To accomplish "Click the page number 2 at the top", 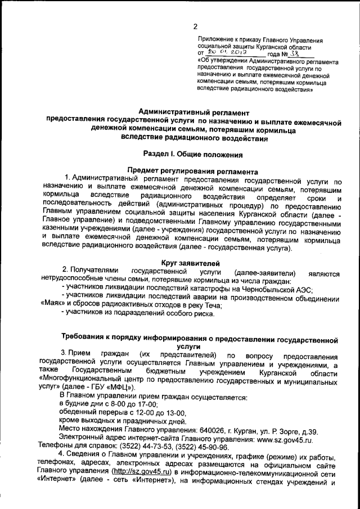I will [195, 26].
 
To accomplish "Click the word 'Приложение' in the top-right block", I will [215, 39].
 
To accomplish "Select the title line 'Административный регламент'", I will [194, 113].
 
